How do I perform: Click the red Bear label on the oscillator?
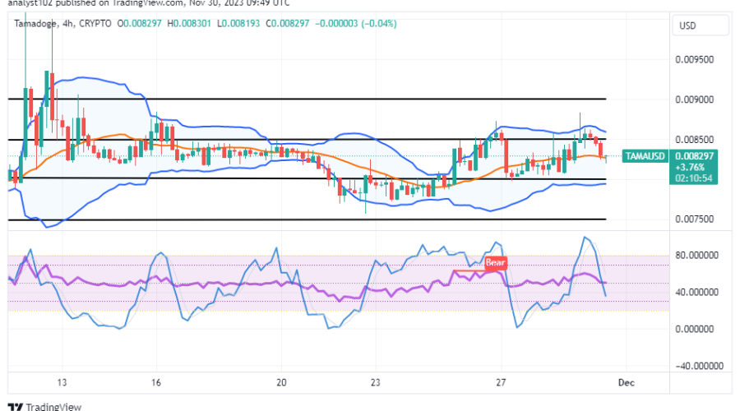[494, 263]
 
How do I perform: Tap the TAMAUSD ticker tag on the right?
[644, 155]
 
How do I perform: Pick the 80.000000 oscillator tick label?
[697, 255]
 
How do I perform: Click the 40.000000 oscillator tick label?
[697, 292]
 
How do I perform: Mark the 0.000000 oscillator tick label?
[700, 329]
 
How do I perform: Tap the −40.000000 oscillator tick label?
[696, 366]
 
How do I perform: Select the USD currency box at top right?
[687, 26]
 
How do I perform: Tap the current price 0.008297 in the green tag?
[689, 155]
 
